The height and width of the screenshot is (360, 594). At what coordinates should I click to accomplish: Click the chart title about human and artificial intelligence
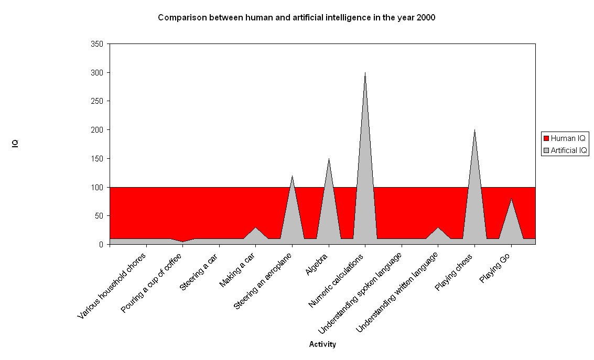pyautogui.click(x=296, y=17)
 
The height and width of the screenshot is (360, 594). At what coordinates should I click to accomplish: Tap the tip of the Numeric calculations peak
pyautogui.click(x=365, y=73)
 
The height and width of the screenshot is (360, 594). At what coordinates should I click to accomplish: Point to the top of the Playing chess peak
pyautogui.click(x=474, y=130)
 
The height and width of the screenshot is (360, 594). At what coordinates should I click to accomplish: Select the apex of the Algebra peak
pyautogui.click(x=329, y=159)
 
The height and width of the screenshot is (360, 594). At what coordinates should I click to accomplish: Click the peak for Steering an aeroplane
pyautogui.click(x=292, y=176)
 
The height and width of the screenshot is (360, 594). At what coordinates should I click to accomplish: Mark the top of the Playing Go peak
pyautogui.click(x=511, y=199)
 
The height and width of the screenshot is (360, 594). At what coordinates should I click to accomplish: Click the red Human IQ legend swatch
pyautogui.click(x=546, y=138)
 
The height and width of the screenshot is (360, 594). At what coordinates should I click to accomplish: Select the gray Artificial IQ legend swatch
pyautogui.click(x=546, y=150)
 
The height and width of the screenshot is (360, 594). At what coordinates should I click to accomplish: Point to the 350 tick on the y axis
pyautogui.click(x=97, y=44)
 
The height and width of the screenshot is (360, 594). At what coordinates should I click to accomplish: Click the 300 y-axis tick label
pyautogui.click(x=97, y=73)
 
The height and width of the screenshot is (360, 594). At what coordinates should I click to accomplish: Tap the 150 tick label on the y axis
pyautogui.click(x=97, y=159)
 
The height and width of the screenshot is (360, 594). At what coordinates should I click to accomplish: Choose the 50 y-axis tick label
pyautogui.click(x=99, y=216)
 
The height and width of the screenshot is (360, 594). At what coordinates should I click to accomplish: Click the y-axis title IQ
pyautogui.click(x=16, y=143)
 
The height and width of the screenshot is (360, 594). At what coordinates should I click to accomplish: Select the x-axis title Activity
pyautogui.click(x=322, y=344)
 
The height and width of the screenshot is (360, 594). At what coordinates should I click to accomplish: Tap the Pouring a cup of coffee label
pyautogui.click(x=152, y=283)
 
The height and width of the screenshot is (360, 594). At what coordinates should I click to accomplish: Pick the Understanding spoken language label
pyautogui.click(x=360, y=293)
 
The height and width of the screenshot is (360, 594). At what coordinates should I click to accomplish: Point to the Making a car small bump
pyautogui.click(x=255, y=228)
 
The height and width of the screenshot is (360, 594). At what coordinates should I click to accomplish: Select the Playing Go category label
pyautogui.click(x=495, y=268)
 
